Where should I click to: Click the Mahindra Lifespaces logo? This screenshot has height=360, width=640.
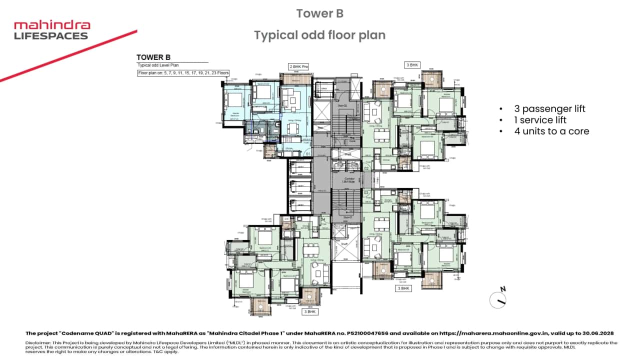coord(51,30)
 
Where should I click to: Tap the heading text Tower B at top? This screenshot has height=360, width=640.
coord(319,13)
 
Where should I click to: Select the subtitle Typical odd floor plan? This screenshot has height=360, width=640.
coord(319,35)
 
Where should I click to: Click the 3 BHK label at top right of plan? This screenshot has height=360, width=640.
coord(412,65)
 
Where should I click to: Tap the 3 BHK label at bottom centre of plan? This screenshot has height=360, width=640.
coord(310,311)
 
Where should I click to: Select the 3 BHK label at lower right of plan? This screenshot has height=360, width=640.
coord(403,288)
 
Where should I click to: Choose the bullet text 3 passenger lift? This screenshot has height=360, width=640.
coord(549,109)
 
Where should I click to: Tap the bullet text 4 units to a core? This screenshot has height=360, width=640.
coord(551,131)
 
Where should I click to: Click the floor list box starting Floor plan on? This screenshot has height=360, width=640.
coord(183,73)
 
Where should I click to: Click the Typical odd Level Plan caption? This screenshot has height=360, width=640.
coord(158,65)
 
